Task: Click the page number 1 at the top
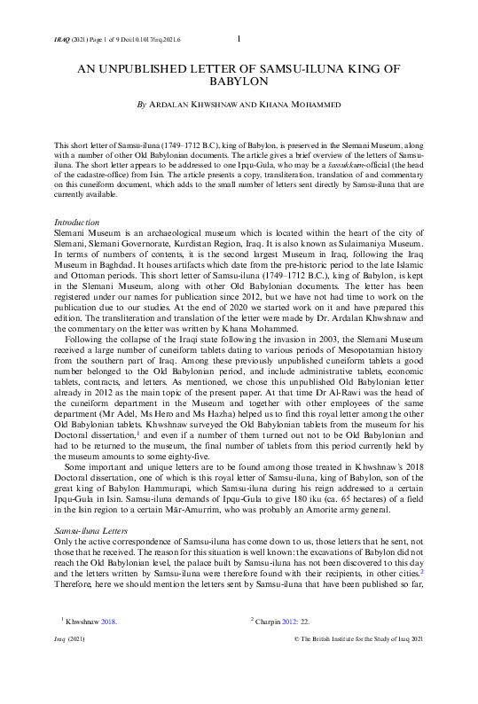click(x=241, y=37)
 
